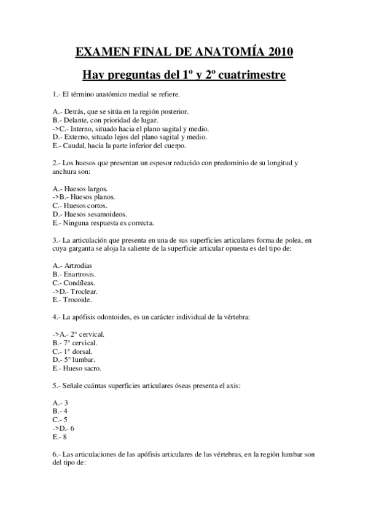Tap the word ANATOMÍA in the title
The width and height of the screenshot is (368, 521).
(224, 52)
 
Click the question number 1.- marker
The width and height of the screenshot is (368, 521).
(57, 94)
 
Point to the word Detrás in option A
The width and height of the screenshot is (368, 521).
(74, 111)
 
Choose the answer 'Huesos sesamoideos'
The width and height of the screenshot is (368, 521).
(90, 214)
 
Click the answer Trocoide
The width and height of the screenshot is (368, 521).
(78, 299)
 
